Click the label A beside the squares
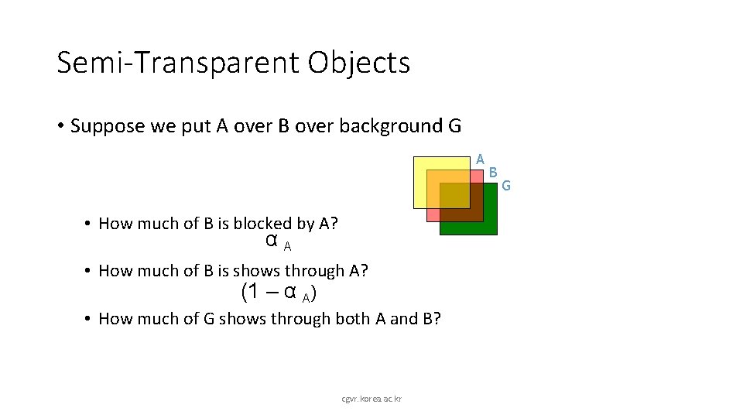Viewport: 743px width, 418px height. (480, 159)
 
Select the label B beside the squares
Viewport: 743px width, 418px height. (493, 173)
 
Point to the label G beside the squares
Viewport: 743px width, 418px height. (506, 185)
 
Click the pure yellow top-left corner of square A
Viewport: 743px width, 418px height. (419, 163)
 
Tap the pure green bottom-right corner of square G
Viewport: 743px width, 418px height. (490, 227)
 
